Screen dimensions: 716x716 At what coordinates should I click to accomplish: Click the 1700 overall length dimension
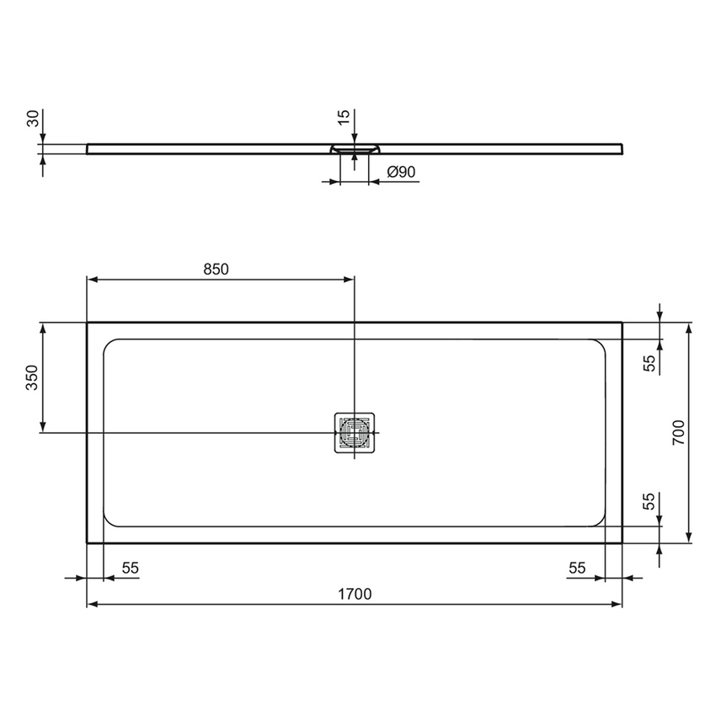pos(355,594)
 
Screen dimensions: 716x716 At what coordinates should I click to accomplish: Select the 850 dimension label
pos(216,269)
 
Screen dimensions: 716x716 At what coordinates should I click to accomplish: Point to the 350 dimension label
pos(31,377)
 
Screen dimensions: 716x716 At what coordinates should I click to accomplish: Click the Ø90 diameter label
pos(401,172)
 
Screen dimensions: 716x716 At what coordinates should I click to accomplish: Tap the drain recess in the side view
pos(355,149)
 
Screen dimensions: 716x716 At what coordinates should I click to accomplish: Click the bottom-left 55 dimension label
pos(130,568)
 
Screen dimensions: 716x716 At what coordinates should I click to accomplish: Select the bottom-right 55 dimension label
pos(576,568)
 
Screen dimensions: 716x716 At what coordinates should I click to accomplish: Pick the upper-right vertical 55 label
pos(649,363)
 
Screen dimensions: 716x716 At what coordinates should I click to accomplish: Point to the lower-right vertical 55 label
pos(649,503)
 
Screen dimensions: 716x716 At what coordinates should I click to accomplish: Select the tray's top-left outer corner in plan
pos(88,323)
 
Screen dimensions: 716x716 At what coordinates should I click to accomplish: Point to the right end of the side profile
pos(622,149)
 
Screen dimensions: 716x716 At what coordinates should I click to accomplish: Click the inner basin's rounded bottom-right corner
pos(599,521)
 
